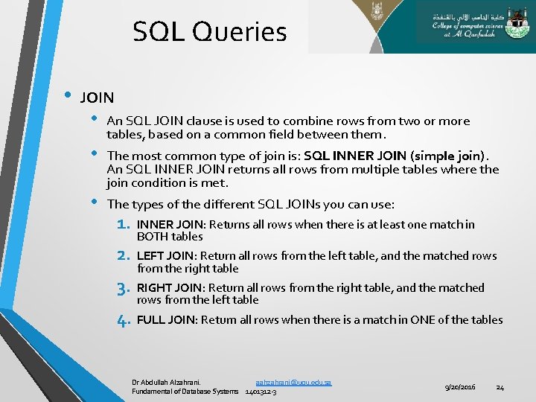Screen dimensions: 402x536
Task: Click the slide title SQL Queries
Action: pos(209,32)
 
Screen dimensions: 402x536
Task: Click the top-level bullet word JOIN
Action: pos(97,98)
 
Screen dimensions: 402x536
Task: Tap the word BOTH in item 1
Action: pos(151,237)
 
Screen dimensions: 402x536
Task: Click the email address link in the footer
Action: pos(293,382)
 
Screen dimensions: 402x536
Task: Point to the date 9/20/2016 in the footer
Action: pos(460,387)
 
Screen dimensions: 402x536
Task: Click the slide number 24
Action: pos(500,387)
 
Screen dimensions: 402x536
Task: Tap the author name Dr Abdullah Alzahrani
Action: pos(166,382)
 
